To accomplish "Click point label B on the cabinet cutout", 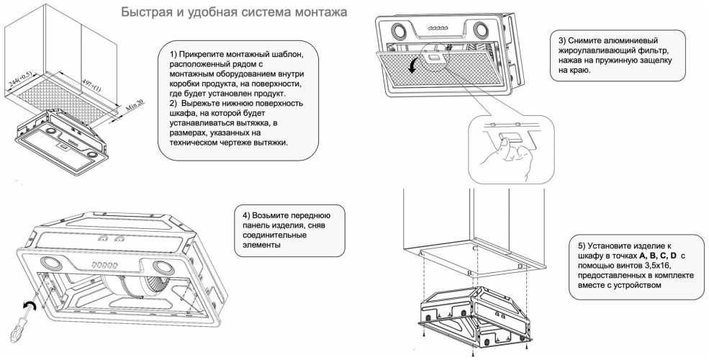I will pos(469,274).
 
